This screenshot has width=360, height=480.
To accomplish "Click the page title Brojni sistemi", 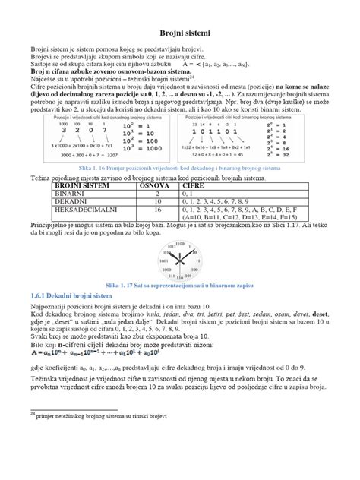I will [179, 34].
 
